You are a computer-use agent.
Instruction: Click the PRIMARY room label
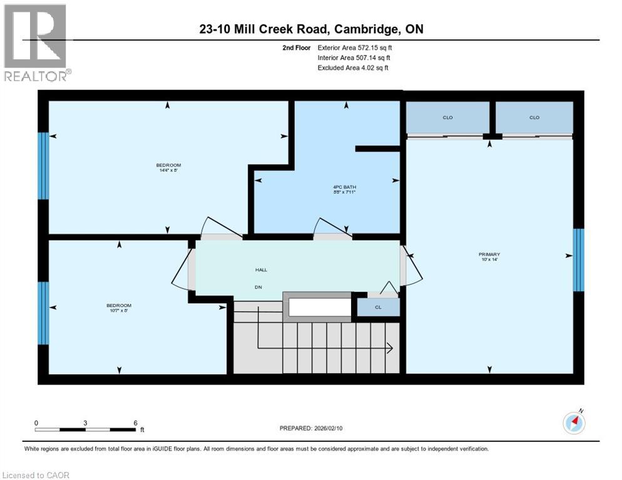coord(489,254)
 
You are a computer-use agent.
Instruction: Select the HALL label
coord(261,270)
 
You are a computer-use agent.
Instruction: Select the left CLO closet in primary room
coord(447,117)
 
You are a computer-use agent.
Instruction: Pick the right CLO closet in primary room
coord(534,117)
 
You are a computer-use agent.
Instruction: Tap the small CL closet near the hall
coord(378,307)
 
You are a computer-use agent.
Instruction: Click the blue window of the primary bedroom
coord(579,259)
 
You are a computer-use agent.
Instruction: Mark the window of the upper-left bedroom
coord(43,166)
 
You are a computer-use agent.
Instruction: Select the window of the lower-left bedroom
coord(43,313)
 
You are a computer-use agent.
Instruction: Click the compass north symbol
coord(574,423)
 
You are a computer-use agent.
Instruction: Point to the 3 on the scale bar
coord(84,422)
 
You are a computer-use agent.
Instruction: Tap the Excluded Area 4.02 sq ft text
coord(353,67)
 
